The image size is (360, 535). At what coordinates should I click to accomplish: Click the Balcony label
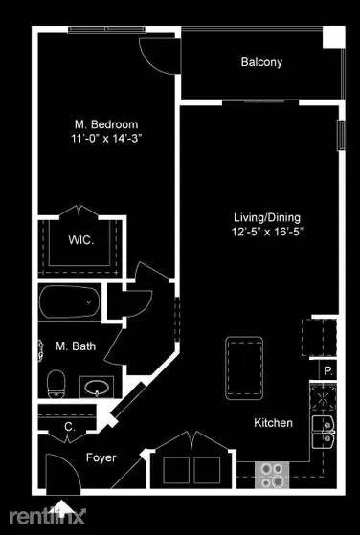261,62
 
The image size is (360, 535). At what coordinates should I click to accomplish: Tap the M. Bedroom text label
106,124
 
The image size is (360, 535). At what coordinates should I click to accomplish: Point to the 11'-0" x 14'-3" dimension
106,139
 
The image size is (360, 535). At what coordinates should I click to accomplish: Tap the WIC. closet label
80,240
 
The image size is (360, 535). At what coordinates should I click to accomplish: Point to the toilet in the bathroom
56,383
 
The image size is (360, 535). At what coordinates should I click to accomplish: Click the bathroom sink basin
97,389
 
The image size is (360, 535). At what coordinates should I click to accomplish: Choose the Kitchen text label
273,423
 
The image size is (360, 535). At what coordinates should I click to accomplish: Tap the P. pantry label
327,369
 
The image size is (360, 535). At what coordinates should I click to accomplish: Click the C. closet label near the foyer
69,427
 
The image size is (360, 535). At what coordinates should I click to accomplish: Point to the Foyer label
101,457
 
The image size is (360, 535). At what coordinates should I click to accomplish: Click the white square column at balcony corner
332,37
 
